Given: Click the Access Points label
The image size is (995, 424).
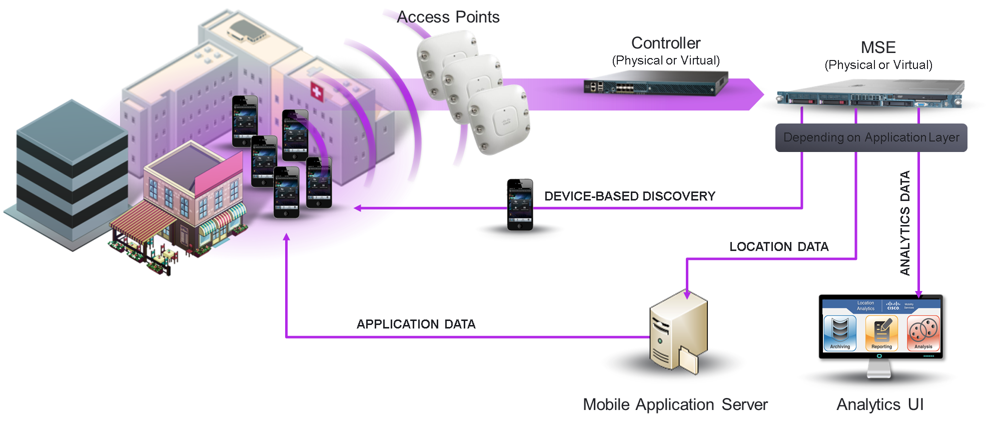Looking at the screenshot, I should (x=449, y=17).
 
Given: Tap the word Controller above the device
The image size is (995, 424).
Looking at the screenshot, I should (x=666, y=43).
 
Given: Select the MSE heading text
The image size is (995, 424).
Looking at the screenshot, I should (x=878, y=48).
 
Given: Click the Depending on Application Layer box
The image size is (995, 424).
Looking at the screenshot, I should (x=871, y=137).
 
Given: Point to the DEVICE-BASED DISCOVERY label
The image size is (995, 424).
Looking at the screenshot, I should (x=629, y=196).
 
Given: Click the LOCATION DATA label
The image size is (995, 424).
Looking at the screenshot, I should (x=778, y=247).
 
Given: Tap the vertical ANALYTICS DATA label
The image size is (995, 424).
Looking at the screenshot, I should (x=905, y=223).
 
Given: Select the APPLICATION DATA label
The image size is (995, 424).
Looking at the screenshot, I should (x=416, y=324).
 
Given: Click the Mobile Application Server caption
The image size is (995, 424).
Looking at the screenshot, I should (x=675, y=404).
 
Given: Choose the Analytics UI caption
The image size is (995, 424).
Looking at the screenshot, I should (x=880, y=404).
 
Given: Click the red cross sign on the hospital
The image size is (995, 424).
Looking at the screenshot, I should (x=317, y=91).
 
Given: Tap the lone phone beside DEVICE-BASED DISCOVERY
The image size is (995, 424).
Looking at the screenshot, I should (x=520, y=204).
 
